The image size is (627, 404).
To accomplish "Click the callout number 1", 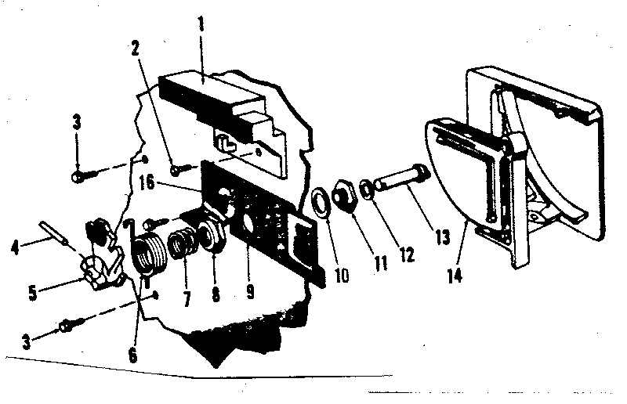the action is coord(201,24).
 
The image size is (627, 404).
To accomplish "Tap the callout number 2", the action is coord(135,49).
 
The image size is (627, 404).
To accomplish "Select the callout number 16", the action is coord(147,183).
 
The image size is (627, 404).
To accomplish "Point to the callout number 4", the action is coord(15,247).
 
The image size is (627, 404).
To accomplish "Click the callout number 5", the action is coord(33,293).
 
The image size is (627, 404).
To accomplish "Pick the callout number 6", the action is coord(132,355).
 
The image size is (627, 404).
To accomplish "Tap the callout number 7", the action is coord(187,299).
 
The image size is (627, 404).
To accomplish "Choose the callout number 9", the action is coord(250,292).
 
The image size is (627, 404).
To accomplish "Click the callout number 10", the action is coord(342,276).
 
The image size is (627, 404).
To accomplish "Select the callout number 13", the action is coord(443,237).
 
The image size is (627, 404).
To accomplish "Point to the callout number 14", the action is coord(455,276).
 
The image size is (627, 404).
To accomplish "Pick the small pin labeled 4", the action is coord(53,233).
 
